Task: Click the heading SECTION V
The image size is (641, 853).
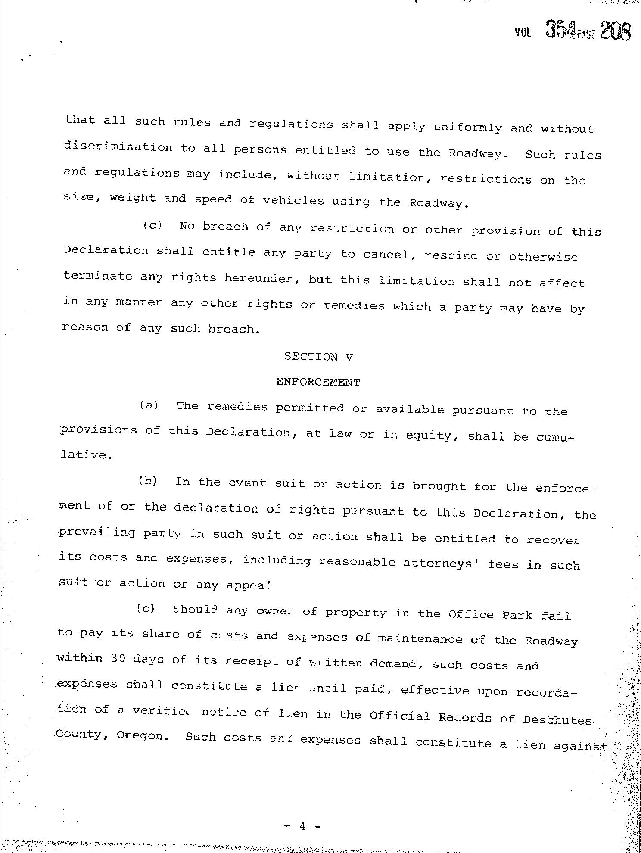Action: pyautogui.click(x=319, y=357)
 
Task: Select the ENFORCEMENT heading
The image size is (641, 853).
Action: pyautogui.click(x=318, y=382)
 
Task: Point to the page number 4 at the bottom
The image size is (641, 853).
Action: pyautogui.click(x=302, y=826)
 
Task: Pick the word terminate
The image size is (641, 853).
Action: pyautogui.click(x=98, y=276)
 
